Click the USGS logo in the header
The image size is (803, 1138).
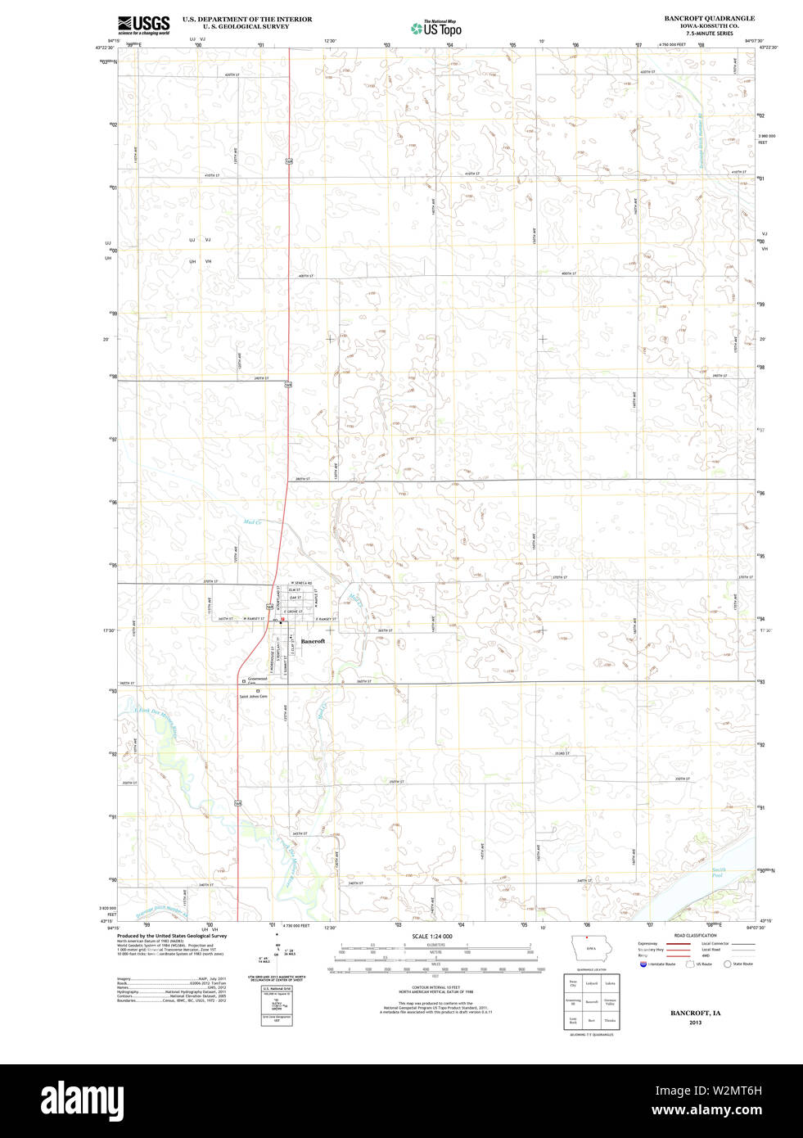point(143,25)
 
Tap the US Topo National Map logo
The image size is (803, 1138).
point(436,29)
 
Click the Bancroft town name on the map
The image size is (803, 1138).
point(313,641)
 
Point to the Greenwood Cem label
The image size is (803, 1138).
point(257,680)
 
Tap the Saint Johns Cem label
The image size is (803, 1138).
point(253,697)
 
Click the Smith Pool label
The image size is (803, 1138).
point(718,873)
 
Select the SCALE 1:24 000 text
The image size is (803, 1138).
point(432,937)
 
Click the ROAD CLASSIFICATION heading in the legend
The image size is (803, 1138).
point(695,935)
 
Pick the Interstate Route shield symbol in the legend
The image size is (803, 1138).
point(643,964)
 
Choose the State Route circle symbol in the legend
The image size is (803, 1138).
point(727,964)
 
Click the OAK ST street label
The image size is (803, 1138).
point(295,598)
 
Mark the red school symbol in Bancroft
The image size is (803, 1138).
point(282,620)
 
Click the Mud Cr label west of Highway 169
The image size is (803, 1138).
point(251,522)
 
